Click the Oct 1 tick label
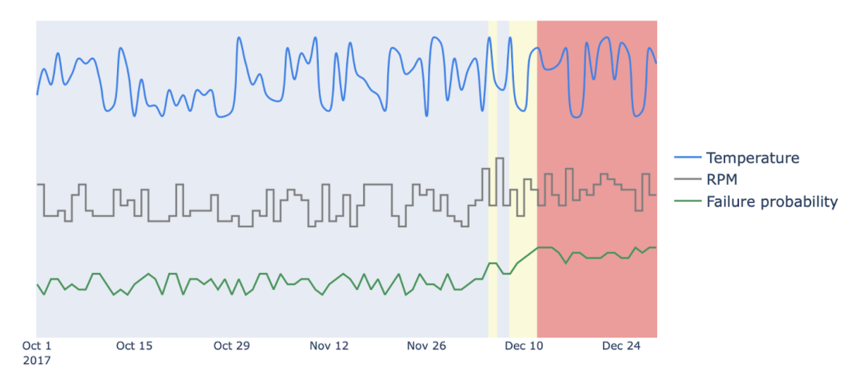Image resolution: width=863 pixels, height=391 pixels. pos(37,346)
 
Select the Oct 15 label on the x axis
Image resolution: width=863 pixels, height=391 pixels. pos(134,346)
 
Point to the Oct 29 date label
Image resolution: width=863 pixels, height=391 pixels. pos(231,346)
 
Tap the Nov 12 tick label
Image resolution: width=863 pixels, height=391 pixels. pos(329,346)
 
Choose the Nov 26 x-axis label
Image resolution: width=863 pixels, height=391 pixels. pos(427,346)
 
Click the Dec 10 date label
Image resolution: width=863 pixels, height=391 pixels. pos(524,346)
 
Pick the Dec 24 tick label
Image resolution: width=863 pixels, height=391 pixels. pos(621,346)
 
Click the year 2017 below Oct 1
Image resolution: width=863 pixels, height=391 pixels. pos(37,361)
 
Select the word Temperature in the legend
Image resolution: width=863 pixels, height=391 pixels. pos(752,157)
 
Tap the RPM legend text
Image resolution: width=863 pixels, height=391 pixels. pos(722,179)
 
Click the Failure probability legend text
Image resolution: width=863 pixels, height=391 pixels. pos(772,202)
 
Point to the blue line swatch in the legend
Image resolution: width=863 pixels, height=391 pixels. pos(687,157)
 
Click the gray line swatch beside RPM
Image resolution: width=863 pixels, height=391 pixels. pos(687,179)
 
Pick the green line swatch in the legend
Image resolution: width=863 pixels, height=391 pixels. pos(687,202)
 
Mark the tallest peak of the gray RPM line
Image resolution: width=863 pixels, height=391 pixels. pos(500,159)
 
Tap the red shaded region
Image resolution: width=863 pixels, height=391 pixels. pos(597,296)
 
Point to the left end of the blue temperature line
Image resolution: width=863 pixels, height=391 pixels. pos(37,94)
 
